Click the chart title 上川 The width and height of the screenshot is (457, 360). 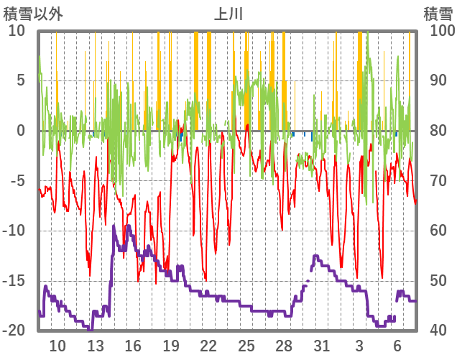click(228, 14)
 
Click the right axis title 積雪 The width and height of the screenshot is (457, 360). click(437, 14)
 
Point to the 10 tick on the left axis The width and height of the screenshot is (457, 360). click(17, 31)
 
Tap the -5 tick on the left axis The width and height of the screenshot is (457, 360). click(18, 180)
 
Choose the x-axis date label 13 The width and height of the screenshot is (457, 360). click(95, 346)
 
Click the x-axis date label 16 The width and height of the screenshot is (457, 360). click(133, 346)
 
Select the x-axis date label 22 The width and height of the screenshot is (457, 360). click(208, 346)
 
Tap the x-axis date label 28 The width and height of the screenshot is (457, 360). click(284, 346)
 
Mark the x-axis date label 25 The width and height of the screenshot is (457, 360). click(246, 346)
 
